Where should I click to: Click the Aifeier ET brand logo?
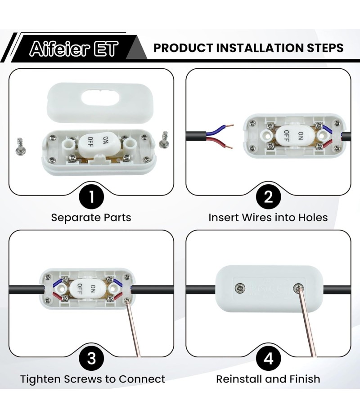point(74,49)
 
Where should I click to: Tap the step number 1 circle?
point(91,197)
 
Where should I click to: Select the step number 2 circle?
point(269,197)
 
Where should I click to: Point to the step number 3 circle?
point(91,358)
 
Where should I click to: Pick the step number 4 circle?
point(269,358)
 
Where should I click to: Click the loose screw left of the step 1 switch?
point(19,147)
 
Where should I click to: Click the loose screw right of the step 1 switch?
point(164,140)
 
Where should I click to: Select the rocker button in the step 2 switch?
point(293,136)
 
